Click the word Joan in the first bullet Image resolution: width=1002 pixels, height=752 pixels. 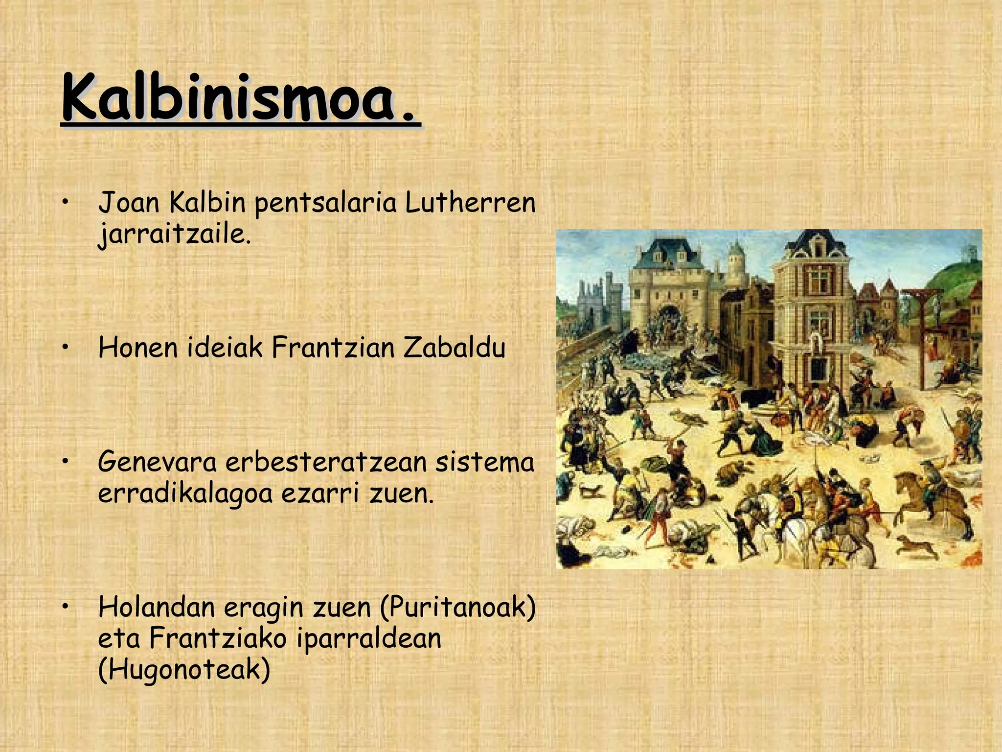tap(129, 203)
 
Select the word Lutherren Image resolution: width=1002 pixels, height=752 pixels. tap(470, 203)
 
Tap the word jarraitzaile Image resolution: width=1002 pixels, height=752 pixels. tap(174, 234)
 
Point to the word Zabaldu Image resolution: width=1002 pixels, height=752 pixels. tap(454, 348)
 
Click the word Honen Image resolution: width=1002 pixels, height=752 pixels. tap(137, 348)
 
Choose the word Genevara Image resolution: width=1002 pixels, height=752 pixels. tap(157, 462)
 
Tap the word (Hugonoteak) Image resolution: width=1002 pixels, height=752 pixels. tap(184, 669)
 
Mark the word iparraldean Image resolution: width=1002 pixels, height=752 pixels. tap(369, 638)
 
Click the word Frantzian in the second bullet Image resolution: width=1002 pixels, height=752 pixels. tap(333, 348)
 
